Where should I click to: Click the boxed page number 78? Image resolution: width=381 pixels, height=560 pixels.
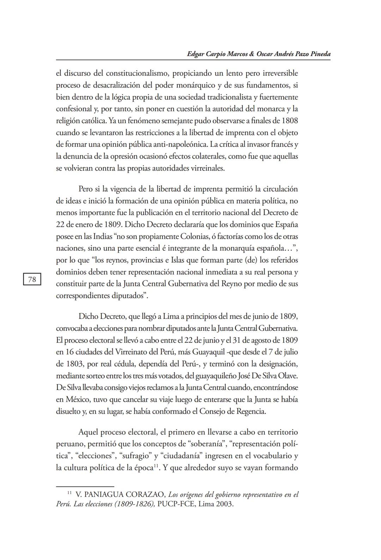32,280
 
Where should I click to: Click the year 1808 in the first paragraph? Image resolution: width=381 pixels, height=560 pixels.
290,121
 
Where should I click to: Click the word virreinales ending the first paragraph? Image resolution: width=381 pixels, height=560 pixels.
207,168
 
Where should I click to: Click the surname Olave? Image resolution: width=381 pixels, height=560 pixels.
288,376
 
